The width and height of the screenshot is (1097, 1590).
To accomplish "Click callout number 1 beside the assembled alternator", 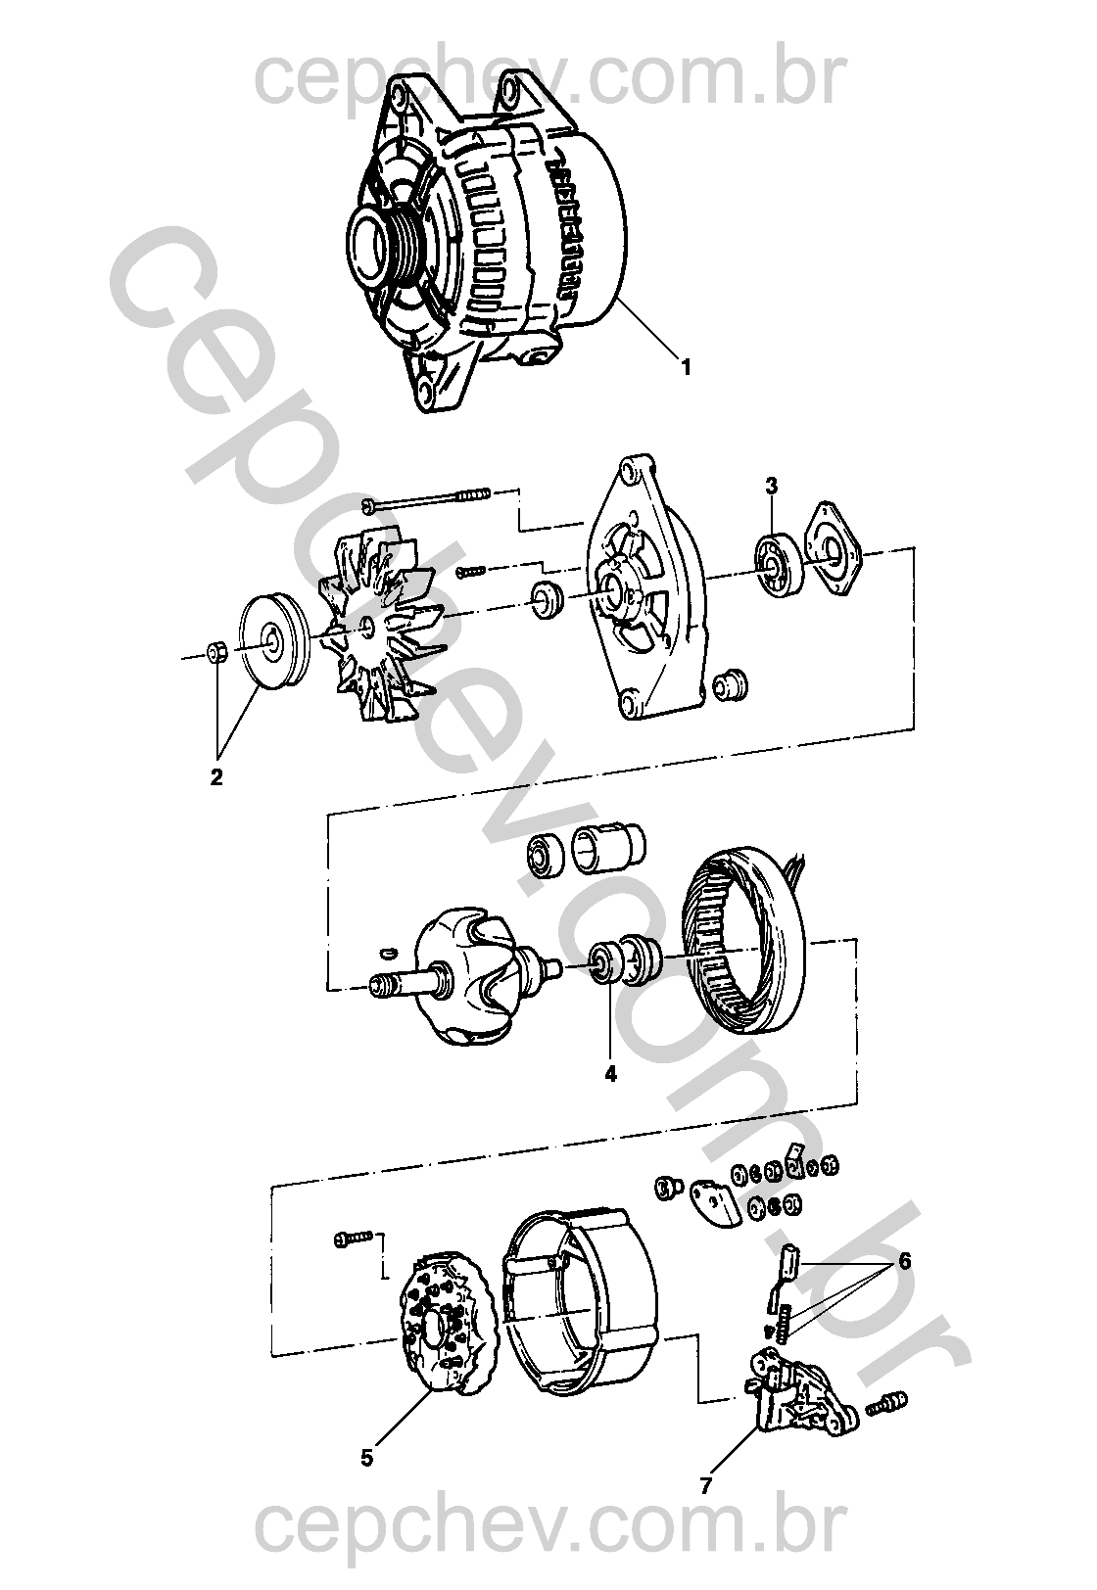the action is coord(686,367).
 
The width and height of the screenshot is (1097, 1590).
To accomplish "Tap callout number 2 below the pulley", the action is coord(215,776).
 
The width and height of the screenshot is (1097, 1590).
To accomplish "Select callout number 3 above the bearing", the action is coord(771,487).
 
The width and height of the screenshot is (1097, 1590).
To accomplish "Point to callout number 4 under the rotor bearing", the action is coord(610,1074).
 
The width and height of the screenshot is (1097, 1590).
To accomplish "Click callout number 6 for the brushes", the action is coord(905,1261).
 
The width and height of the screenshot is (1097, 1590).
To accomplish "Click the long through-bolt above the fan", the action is coord(426,498).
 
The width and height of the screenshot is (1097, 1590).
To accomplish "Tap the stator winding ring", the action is coord(745,938).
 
